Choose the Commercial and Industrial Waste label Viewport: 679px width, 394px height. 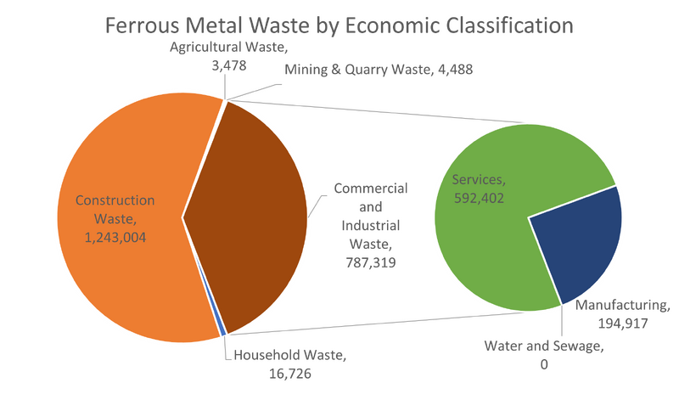pyautogui.click(x=368, y=225)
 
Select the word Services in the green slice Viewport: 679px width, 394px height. pyautogui.click(x=477, y=180)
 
